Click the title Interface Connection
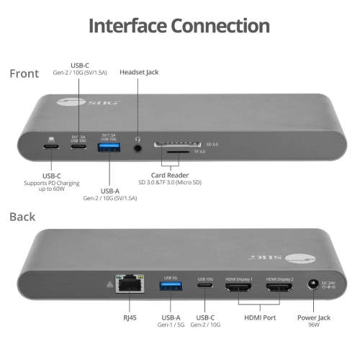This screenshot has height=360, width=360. [179, 26]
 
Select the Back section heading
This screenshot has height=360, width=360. [24, 216]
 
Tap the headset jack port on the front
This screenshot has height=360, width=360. [137, 149]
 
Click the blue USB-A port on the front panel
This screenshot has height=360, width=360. [109, 148]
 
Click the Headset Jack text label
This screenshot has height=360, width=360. [139, 72]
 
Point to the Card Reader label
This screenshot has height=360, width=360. [169, 175]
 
